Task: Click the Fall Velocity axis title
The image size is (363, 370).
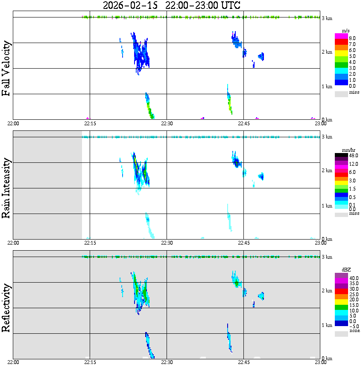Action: pyautogui.click(x=6, y=68)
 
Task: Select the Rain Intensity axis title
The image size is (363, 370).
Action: pyautogui.click(x=6, y=188)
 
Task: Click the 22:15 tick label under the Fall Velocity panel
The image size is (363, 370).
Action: pyautogui.click(x=90, y=123)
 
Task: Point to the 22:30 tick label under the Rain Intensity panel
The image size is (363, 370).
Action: pyautogui.click(x=167, y=243)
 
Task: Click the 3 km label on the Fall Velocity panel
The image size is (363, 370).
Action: pyautogui.click(x=327, y=18)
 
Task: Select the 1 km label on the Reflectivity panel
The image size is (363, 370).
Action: pyautogui.click(x=327, y=325)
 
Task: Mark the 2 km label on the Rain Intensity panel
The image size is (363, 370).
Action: pyautogui.click(x=327, y=171)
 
